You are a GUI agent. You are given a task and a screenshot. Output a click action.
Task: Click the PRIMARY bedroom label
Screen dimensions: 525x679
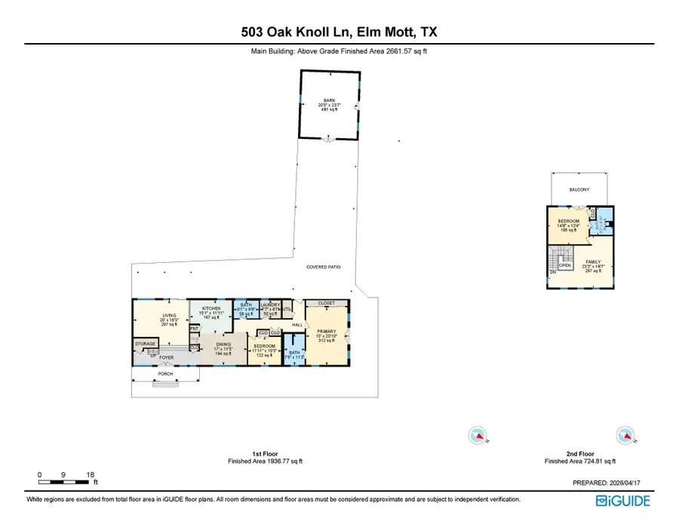point(327,331)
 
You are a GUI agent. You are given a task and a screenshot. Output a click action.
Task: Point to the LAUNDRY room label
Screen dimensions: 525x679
point(270,305)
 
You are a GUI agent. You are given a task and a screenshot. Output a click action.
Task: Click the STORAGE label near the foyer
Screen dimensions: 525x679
point(145,344)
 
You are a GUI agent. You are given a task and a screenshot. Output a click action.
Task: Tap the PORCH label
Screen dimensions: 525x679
point(164,373)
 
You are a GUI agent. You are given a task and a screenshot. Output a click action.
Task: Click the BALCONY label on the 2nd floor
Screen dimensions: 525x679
point(579,190)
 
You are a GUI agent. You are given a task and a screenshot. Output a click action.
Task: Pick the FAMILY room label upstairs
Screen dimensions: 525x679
point(595,261)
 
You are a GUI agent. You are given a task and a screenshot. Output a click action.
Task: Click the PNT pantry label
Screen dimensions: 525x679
point(194,328)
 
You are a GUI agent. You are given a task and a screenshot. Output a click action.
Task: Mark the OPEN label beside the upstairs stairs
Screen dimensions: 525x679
point(564,266)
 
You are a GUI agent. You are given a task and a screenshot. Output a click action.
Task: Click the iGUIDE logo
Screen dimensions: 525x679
point(623,500)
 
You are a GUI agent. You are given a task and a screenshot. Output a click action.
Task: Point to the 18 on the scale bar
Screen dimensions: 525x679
point(91,474)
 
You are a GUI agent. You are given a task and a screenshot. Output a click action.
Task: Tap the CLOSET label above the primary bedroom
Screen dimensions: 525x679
point(327,302)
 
